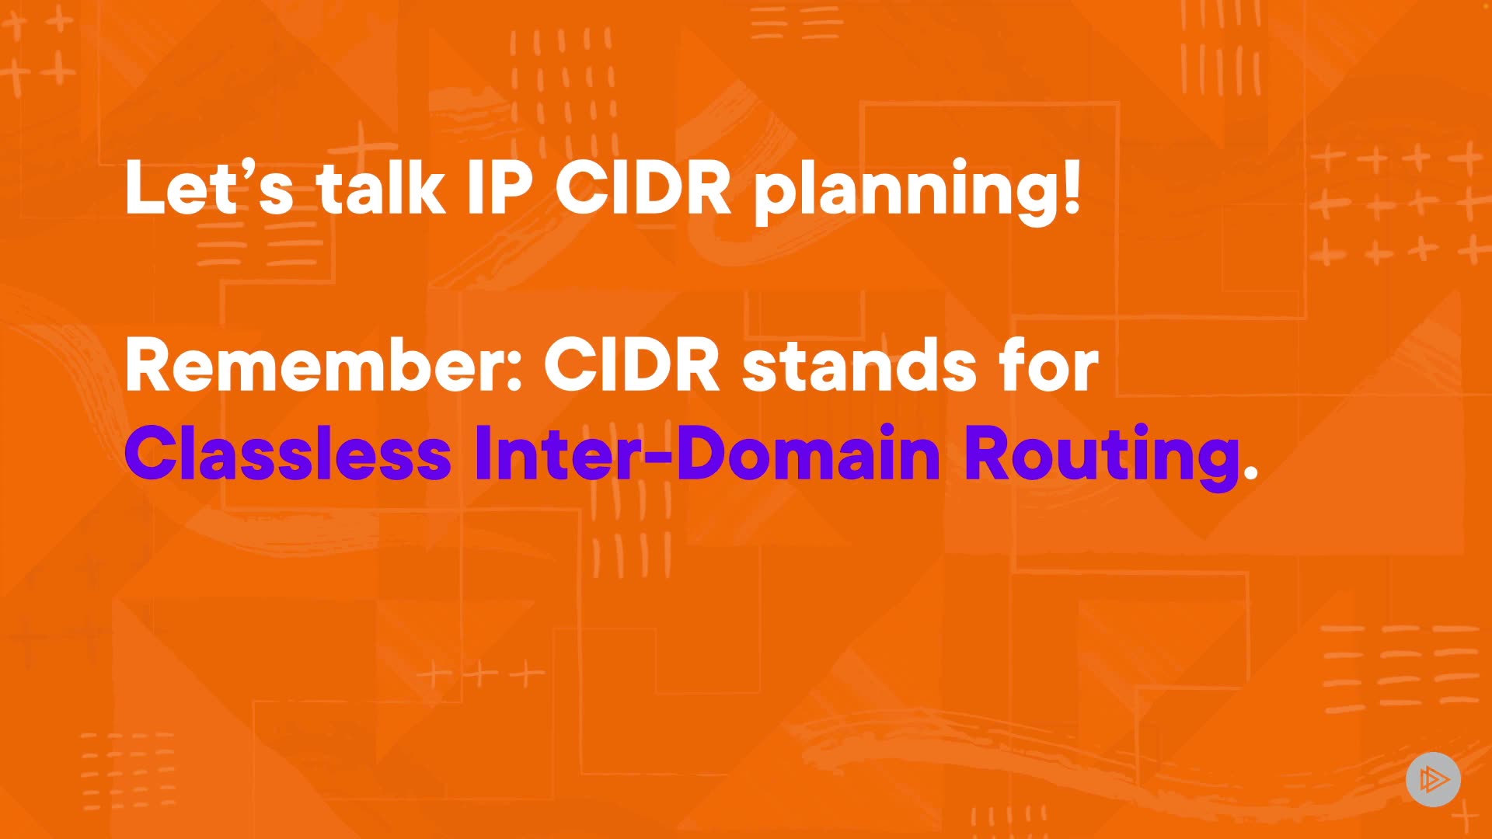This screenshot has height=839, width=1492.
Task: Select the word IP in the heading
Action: point(500,187)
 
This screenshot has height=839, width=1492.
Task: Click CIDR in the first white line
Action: point(643,187)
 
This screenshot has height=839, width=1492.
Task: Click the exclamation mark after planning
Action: point(1072,187)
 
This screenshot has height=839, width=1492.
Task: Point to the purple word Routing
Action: point(1102,458)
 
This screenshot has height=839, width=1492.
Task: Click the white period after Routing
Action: point(1250,472)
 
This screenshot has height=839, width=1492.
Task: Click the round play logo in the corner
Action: point(1433,779)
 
